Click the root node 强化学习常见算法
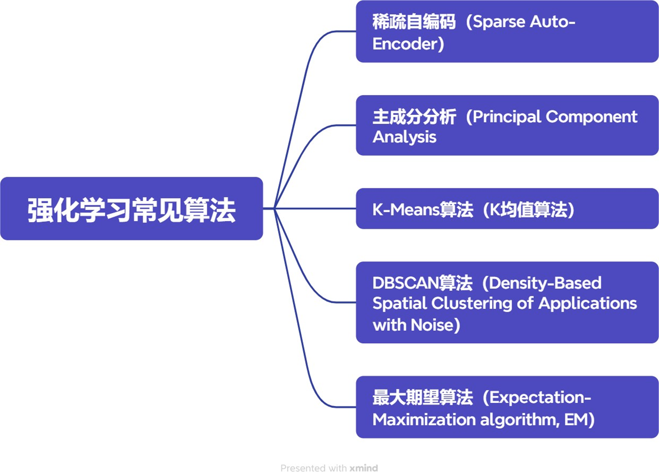coord(131,209)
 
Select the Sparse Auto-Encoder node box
coord(507,32)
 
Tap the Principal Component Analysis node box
coord(507,125)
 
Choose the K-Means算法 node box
coord(507,209)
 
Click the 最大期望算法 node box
coord(507,407)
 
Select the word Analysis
coord(404,137)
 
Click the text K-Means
coord(406,209)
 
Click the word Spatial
coord(399,303)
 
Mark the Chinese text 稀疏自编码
coord(414,22)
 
